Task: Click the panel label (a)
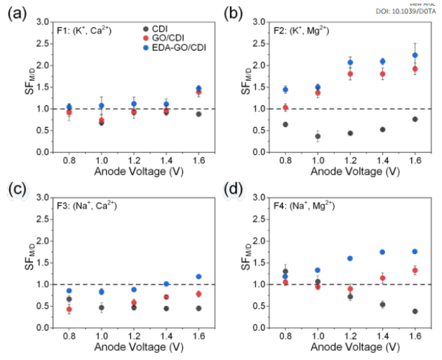(17, 13)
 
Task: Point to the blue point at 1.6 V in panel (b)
(415, 55)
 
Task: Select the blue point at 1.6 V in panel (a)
(199, 88)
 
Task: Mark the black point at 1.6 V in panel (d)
(415, 311)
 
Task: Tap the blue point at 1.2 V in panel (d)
(350, 258)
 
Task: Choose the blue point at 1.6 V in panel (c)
(199, 276)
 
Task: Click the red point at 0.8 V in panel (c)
(69, 309)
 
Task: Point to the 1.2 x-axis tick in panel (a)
(134, 162)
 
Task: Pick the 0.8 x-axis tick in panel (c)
(69, 338)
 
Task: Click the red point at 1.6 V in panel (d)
(415, 270)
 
